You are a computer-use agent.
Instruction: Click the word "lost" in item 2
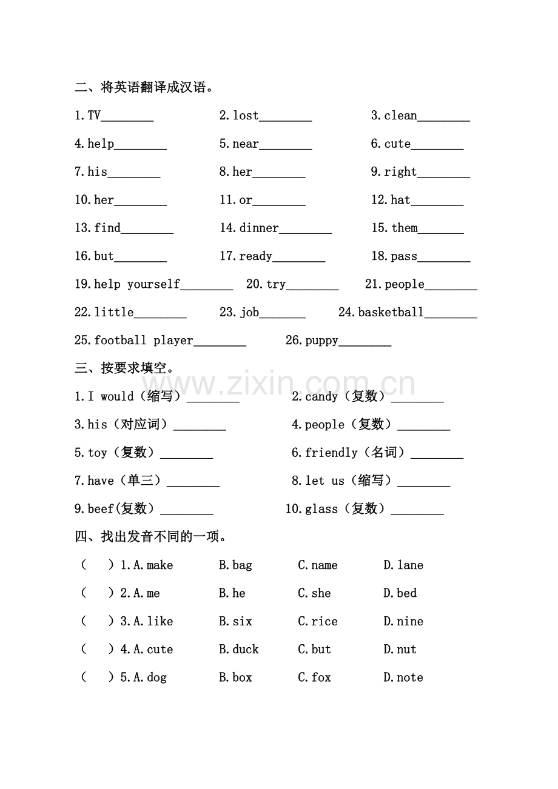[246, 115]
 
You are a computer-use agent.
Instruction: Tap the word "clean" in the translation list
[400, 115]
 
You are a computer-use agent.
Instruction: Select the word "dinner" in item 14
[259, 228]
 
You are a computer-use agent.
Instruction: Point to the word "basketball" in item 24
[391, 312]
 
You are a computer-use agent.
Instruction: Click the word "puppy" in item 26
[321, 341]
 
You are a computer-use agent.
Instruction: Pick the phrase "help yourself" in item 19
[137, 284]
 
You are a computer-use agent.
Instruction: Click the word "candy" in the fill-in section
[321, 396]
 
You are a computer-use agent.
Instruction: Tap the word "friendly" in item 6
[331, 453]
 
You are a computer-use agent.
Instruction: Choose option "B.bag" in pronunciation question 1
[235, 565]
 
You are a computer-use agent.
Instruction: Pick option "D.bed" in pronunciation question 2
[400, 593]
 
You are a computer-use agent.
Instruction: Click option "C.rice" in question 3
[317, 621]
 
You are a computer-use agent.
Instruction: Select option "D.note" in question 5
[403, 677]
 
